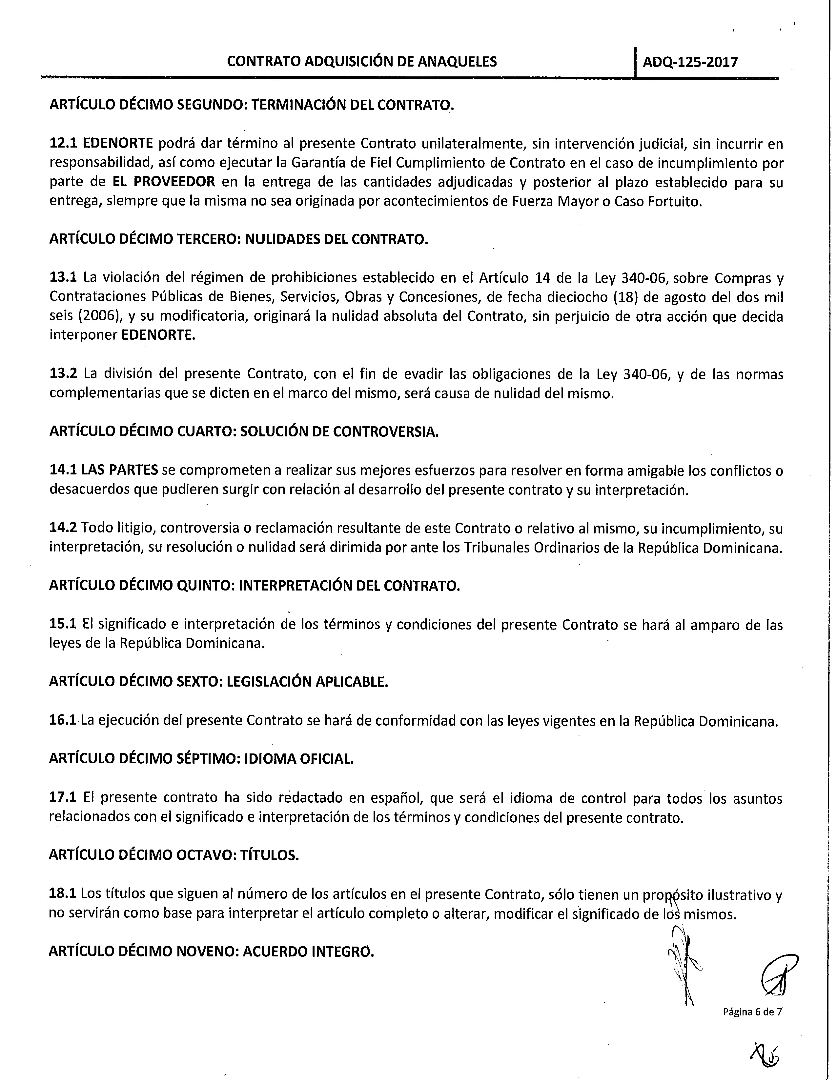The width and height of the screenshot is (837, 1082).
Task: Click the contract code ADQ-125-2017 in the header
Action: click(x=690, y=62)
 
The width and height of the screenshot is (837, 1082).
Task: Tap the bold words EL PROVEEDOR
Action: click(x=164, y=182)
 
